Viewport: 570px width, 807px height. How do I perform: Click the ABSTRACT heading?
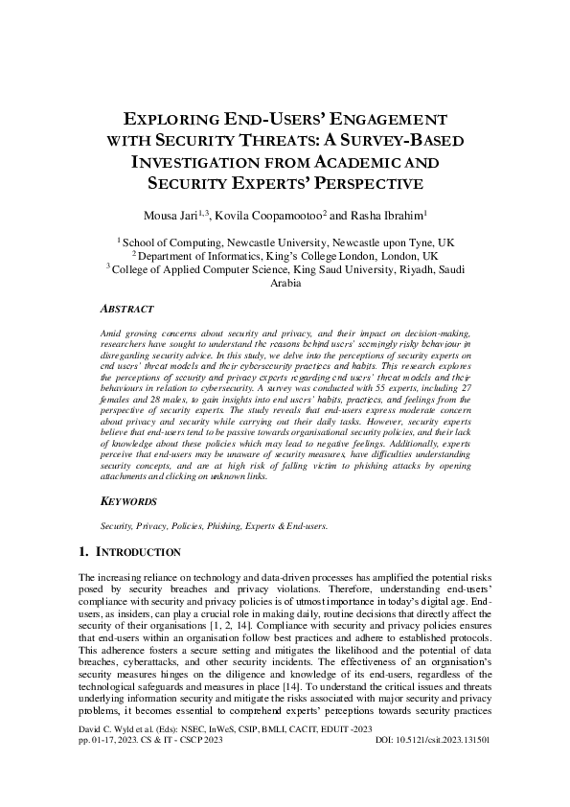[x=127, y=311]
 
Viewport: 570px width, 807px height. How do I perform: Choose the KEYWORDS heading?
[x=130, y=501]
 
